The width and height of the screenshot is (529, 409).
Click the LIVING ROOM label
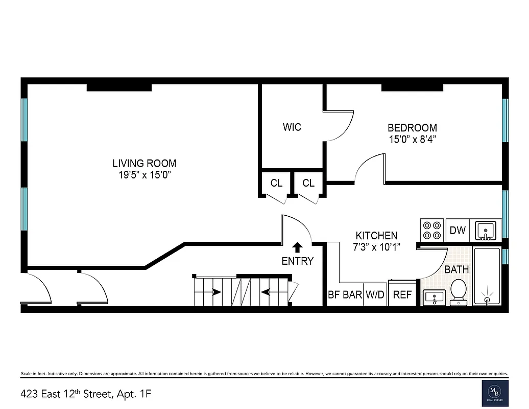[x=145, y=164]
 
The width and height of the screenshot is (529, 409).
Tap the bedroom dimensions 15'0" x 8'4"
[x=412, y=138]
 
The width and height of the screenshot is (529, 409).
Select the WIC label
[x=292, y=127]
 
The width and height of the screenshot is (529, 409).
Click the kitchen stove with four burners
[x=432, y=230]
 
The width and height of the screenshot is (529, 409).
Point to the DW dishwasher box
[x=458, y=230]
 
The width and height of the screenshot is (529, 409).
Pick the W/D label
[x=375, y=295]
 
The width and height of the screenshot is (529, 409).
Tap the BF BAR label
[x=345, y=295]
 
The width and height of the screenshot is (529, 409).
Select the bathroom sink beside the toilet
[x=434, y=297]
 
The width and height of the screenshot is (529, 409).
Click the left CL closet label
[x=276, y=183]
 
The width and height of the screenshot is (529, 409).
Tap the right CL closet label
[x=308, y=183]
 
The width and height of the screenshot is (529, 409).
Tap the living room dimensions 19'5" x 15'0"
[x=145, y=175]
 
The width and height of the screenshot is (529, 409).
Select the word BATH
[x=456, y=269]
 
